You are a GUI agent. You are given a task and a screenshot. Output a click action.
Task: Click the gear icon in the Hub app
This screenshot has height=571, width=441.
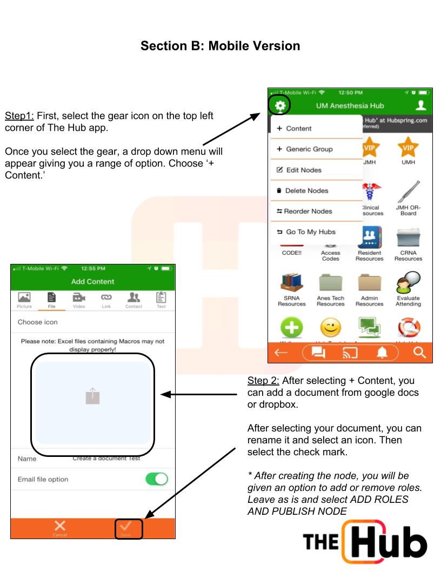click(279, 105)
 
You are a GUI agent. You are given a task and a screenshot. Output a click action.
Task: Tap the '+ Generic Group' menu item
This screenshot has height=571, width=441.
click(305, 149)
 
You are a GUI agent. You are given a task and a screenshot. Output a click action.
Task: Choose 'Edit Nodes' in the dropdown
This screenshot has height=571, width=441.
click(299, 170)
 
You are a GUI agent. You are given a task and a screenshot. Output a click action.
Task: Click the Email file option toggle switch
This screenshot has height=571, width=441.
click(157, 479)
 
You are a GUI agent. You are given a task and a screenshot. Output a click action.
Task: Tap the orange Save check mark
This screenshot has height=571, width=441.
click(129, 528)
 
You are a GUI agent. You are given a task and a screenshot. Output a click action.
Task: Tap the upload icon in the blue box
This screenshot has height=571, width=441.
click(92, 396)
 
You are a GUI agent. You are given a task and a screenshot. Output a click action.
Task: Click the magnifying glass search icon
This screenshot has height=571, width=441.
click(419, 355)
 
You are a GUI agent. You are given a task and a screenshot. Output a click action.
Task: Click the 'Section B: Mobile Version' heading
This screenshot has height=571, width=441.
click(220, 46)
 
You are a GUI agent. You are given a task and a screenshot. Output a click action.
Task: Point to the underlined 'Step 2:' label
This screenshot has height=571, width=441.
click(263, 381)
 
